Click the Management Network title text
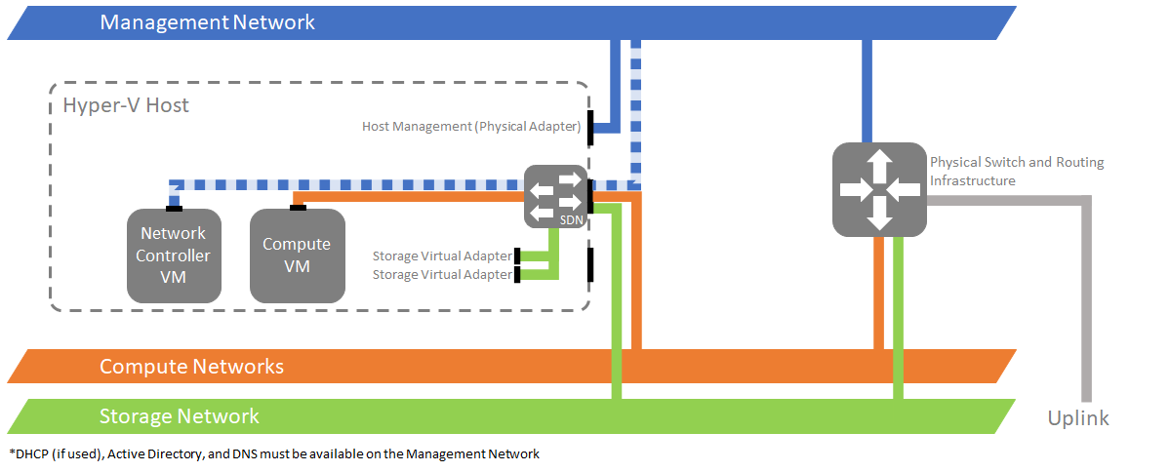tap(207, 21)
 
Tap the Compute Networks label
tap(191, 367)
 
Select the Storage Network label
tap(180, 416)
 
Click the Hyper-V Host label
tap(126, 105)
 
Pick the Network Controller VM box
tap(173, 256)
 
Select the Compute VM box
tap(297, 256)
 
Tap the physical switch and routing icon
tap(878, 189)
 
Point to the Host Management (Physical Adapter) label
tap(471, 127)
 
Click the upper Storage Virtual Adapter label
tap(442, 256)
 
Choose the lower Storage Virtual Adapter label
tap(442, 275)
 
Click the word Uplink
tap(1078, 418)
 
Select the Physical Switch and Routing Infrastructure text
tap(1016, 171)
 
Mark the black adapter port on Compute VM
tap(299, 206)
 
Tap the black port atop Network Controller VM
tap(174, 207)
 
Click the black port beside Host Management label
tap(590, 132)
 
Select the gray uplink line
tap(1085, 293)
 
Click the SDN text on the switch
tap(571, 221)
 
